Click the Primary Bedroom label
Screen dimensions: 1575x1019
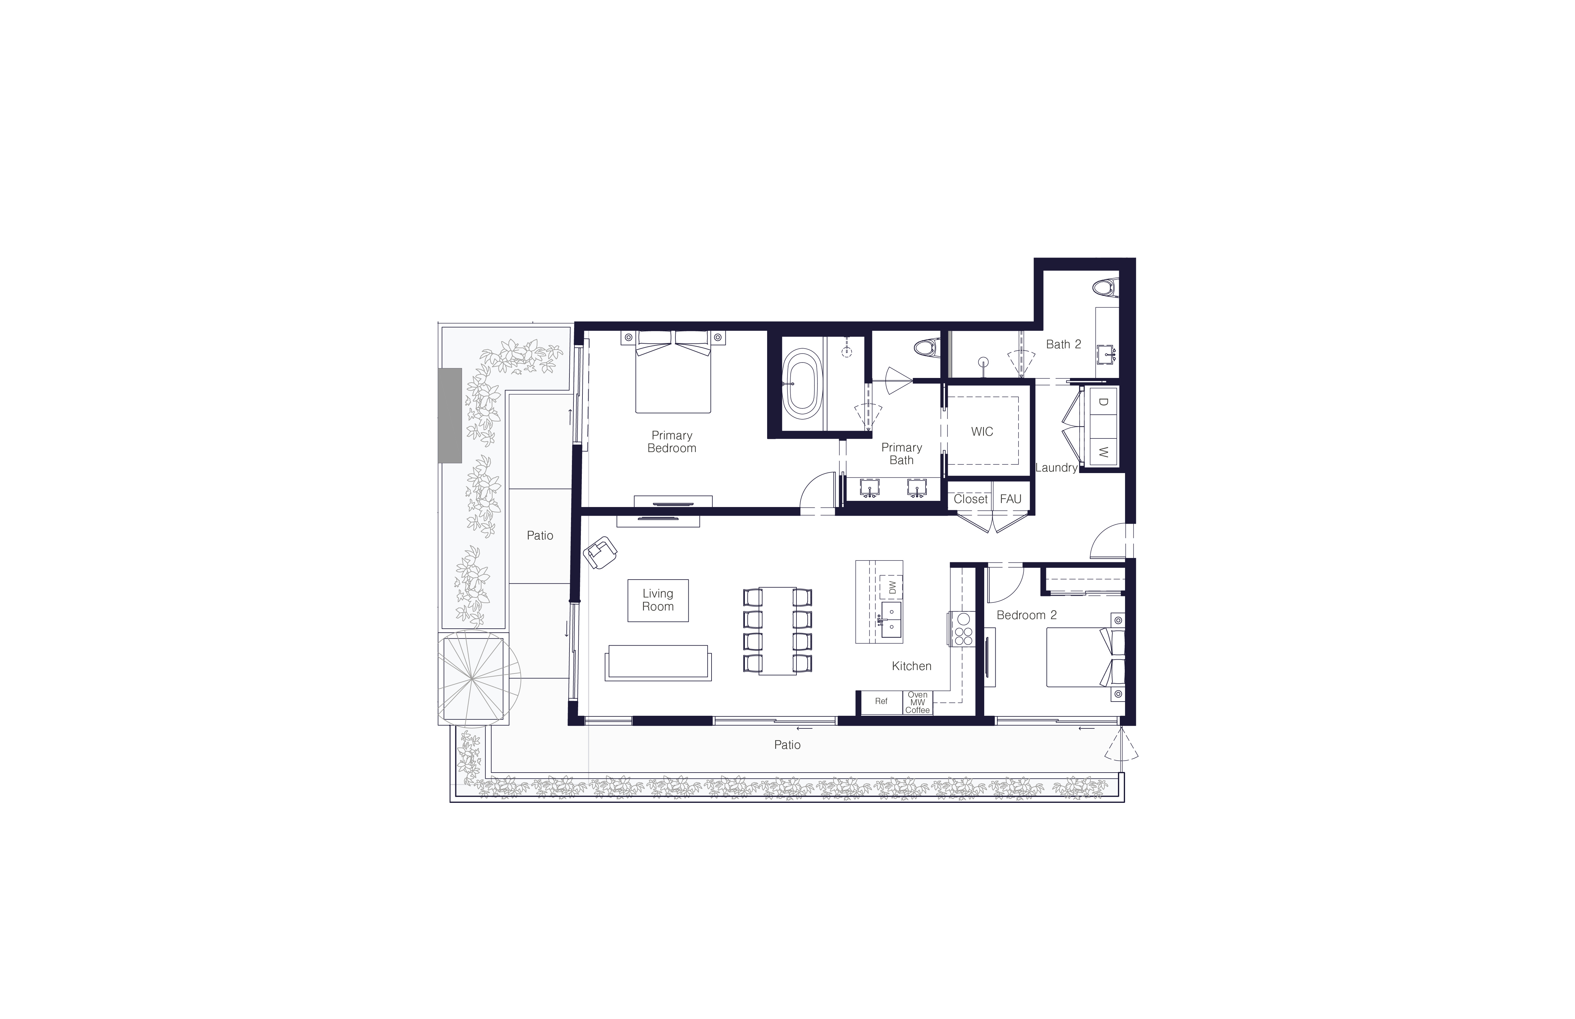(672, 441)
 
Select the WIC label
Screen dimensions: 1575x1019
(982, 431)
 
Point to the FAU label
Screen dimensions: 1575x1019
(1010, 499)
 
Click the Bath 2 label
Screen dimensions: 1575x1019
(1064, 344)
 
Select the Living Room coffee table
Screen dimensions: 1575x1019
(658, 600)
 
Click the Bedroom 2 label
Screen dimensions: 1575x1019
(1027, 615)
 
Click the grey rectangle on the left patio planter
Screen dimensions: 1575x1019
(450, 416)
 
